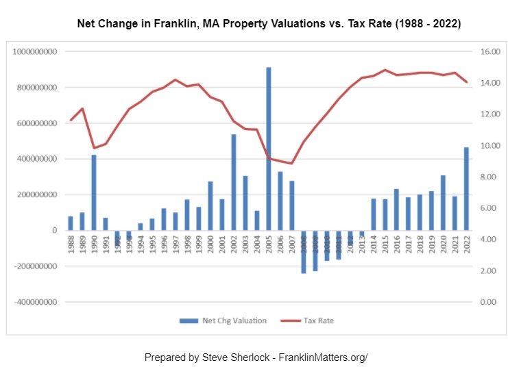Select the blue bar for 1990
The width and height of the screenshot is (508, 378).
click(93, 192)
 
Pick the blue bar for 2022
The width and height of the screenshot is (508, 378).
click(466, 188)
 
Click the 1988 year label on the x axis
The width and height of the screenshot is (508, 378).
click(70, 245)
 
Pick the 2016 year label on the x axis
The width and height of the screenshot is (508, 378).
click(396, 245)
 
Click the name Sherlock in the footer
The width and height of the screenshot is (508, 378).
click(237, 357)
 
